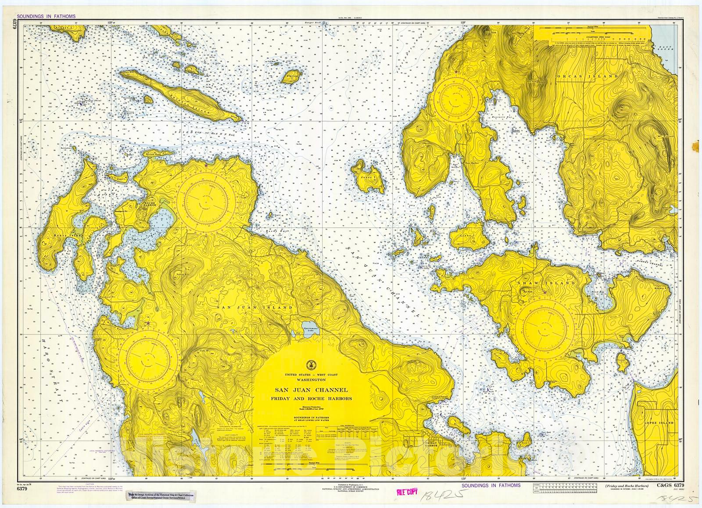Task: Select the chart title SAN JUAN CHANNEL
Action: coord(311,389)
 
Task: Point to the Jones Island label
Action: coord(367,177)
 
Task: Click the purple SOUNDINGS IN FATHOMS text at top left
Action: coord(46,16)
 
